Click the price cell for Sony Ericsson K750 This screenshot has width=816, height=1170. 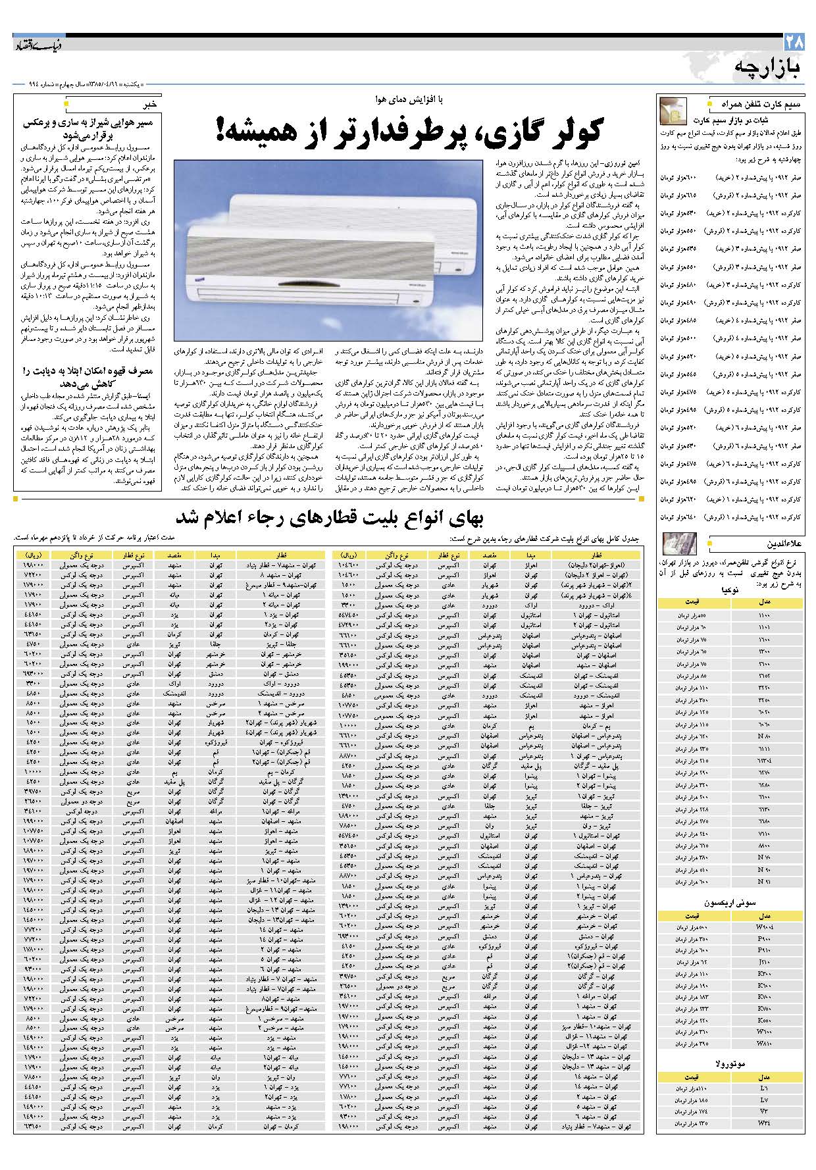click(x=691, y=1007)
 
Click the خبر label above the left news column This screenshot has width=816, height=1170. click(x=149, y=104)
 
